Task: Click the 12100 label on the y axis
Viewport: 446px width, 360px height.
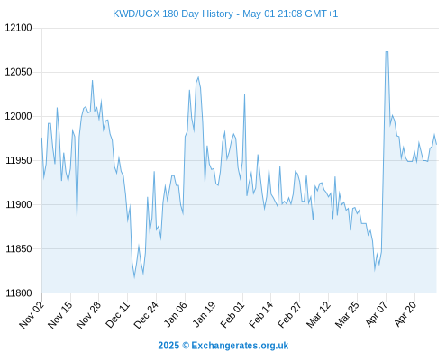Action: click(x=18, y=28)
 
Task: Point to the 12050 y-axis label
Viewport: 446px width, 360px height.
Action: click(x=18, y=72)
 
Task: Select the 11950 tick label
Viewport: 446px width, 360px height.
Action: click(x=19, y=160)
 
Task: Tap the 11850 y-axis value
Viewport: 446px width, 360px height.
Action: click(x=19, y=248)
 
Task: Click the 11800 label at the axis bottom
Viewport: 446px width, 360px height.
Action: click(x=19, y=293)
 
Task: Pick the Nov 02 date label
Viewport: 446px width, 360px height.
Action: click(x=32, y=314)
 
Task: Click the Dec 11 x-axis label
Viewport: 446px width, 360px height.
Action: click(x=117, y=314)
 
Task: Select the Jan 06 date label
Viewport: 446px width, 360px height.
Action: click(x=175, y=314)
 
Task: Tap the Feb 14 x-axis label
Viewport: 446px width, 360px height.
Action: click(x=260, y=314)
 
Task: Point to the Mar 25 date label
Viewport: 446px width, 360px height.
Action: click(x=347, y=314)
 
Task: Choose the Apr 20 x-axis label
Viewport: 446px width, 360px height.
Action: click(x=405, y=314)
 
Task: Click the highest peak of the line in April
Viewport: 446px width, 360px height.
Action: click(x=387, y=52)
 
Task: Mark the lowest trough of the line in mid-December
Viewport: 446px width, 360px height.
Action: click(x=134, y=277)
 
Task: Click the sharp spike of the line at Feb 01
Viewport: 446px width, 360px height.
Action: click(x=244, y=94)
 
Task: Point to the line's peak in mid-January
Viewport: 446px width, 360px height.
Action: click(x=198, y=77)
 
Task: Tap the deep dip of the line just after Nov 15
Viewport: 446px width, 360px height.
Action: click(x=77, y=216)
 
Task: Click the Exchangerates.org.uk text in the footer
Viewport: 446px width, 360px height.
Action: click(x=240, y=346)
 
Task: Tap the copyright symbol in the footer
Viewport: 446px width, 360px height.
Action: click(x=186, y=346)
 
